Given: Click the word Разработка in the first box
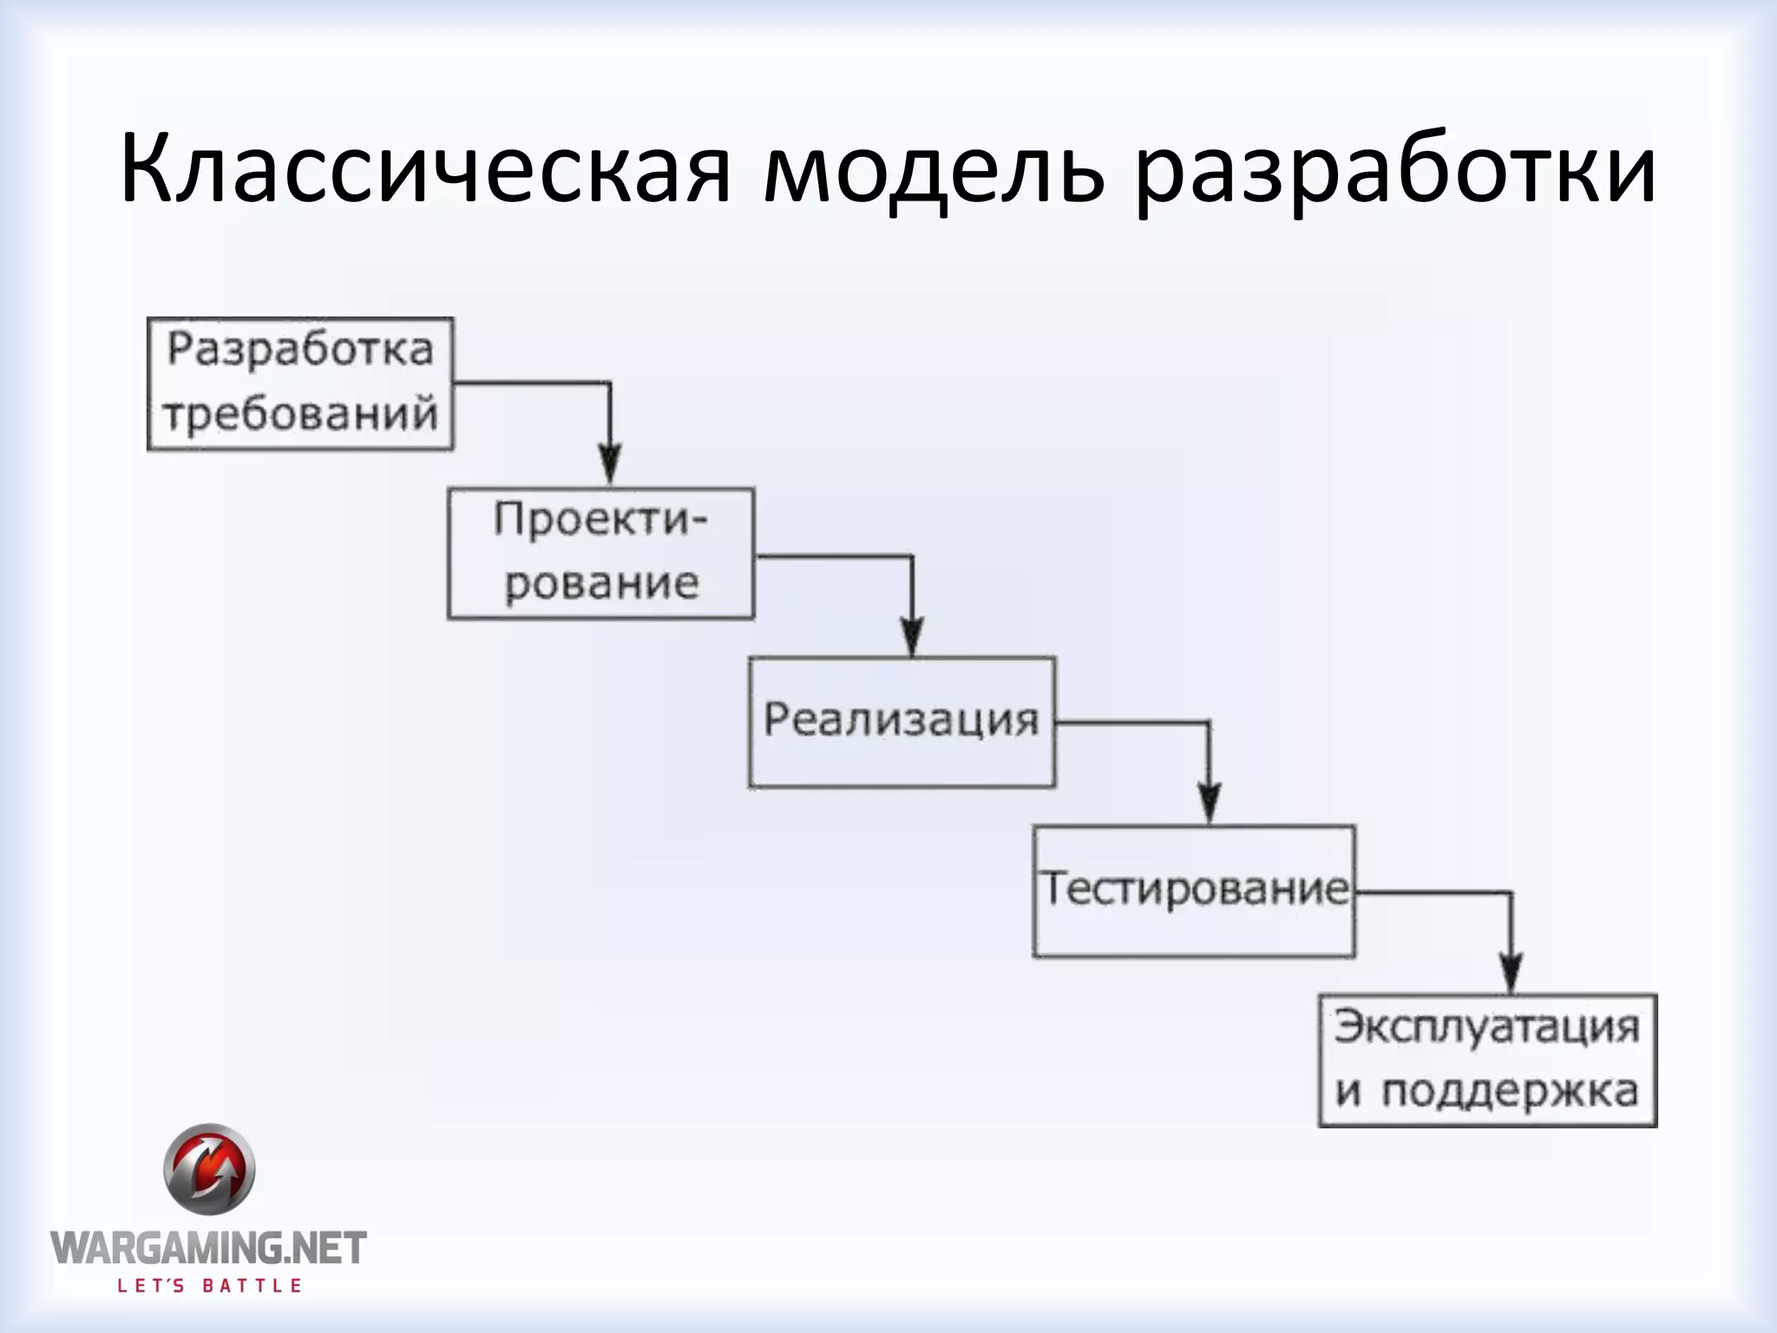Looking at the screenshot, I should click(x=300, y=350).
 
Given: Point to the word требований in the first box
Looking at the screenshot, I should click(x=300, y=414).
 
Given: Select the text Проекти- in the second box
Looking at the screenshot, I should click(x=600, y=520).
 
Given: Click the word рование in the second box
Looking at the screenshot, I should click(x=601, y=583).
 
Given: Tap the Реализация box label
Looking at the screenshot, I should click(x=901, y=720).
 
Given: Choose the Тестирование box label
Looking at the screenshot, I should click(x=1195, y=889).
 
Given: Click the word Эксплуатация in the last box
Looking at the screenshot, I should click(x=1487, y=1028).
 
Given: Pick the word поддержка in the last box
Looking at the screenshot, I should click(x=1510, y=1092).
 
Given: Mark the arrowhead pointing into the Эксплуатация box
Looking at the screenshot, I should click(x=1511, y=970).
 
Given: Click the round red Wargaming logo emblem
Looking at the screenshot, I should click(x=209, y=1169).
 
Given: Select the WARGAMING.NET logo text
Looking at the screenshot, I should click(x=209, y=1248).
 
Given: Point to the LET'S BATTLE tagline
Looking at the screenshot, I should click(x=209, y=1285).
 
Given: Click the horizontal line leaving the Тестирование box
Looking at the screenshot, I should click(x=1432, y=891).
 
